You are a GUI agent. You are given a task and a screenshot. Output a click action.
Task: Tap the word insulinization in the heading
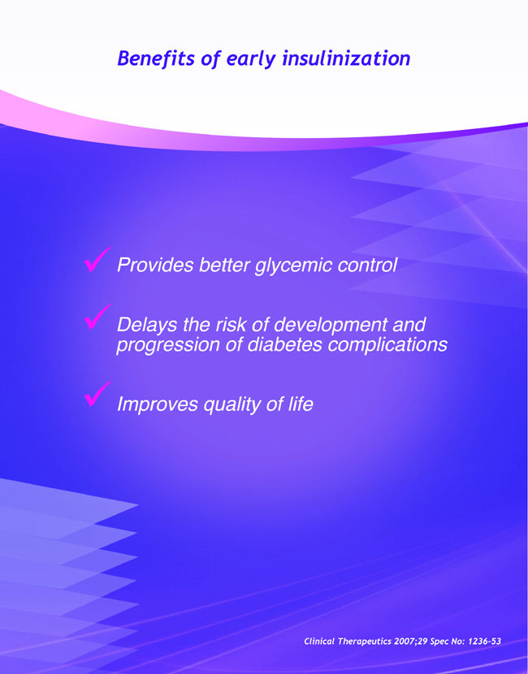pyautogui.click(x=346, y=58)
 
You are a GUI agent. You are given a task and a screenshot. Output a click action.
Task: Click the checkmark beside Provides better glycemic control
pyautogui.click(x=97, y=260)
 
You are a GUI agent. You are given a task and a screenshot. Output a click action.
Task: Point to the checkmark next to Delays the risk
pyautogui.click(x=97, y=317)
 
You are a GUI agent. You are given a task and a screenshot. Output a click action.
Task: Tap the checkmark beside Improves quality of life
pyautogui.click(x=97, y=394)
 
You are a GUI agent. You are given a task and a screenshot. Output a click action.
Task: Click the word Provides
pyautogui.click(x=155, y=265)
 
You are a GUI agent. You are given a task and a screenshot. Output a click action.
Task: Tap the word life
pyautogui.click(x=301, y=404)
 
